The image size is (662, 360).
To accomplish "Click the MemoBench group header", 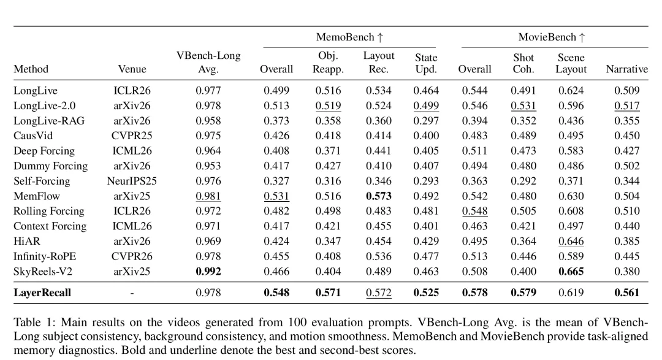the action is [x=349, y=37].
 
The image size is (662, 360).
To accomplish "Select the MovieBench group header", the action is [x=552, y=37].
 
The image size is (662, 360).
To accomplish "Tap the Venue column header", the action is [x=132, y=69].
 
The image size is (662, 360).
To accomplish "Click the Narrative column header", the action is [x=626, y=69].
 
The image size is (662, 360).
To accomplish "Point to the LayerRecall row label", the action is [x=42, y=293].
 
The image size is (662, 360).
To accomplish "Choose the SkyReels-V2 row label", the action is [x=43, y=271].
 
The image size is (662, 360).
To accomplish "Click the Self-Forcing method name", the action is [x=42, y=181].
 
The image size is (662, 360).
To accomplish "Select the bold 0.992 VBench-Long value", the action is [x=208, y=271].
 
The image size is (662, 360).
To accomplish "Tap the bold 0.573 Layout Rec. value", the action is [x=379, y=196].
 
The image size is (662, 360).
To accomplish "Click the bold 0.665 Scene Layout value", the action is [x=571, y=271].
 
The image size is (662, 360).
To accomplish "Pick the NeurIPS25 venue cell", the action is [x=132, y=181].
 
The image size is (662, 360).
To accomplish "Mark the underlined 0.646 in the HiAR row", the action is [x=571, y=241].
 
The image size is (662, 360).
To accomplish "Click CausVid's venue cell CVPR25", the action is [x=132, y=136].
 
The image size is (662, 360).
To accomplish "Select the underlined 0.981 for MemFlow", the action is [x=208, y=196].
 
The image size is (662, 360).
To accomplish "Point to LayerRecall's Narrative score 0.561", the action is [x=626, y=293].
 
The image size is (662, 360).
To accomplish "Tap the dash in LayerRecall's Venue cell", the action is [x=132, y=293].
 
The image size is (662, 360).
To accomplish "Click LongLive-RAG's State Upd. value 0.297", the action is [x=426, y=120].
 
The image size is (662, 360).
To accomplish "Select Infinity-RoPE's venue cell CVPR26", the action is [x=132, y=256].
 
